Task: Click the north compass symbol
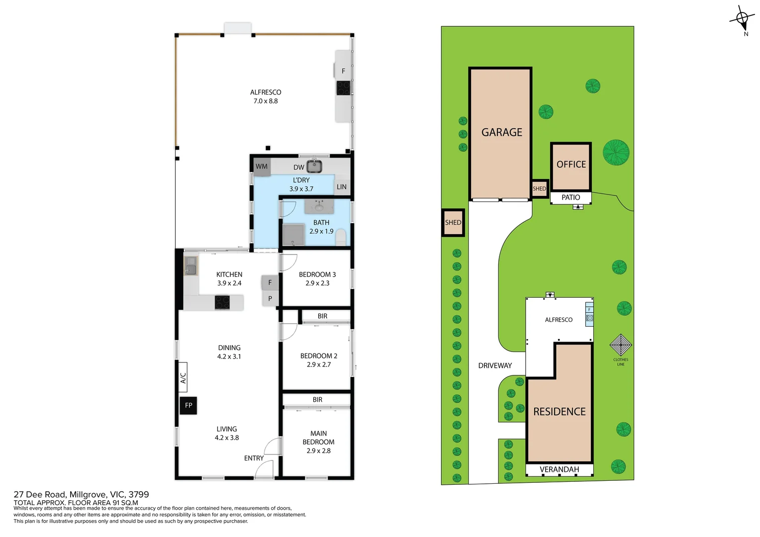[742, 19]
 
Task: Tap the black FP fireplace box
[189, 405]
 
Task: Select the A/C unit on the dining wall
[183, 377]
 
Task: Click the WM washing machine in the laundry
[262, 167]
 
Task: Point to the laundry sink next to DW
[314, 166]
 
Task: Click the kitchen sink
[191, 267]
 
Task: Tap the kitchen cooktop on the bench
[222, 302]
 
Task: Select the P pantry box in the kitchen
[270, 298]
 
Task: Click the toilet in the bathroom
[341, 237]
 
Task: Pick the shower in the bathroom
[293, 235]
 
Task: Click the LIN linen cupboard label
[342, 187]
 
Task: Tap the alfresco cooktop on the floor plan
[343, 88]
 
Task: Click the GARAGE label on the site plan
[501, 132]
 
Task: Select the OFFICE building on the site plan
[571, 166]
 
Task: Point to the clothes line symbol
[621, 345]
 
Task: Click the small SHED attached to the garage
[540, 188]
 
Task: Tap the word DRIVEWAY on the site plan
[495, 365]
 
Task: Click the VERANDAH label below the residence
[559, 469]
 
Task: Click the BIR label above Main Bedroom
[317, 400]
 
